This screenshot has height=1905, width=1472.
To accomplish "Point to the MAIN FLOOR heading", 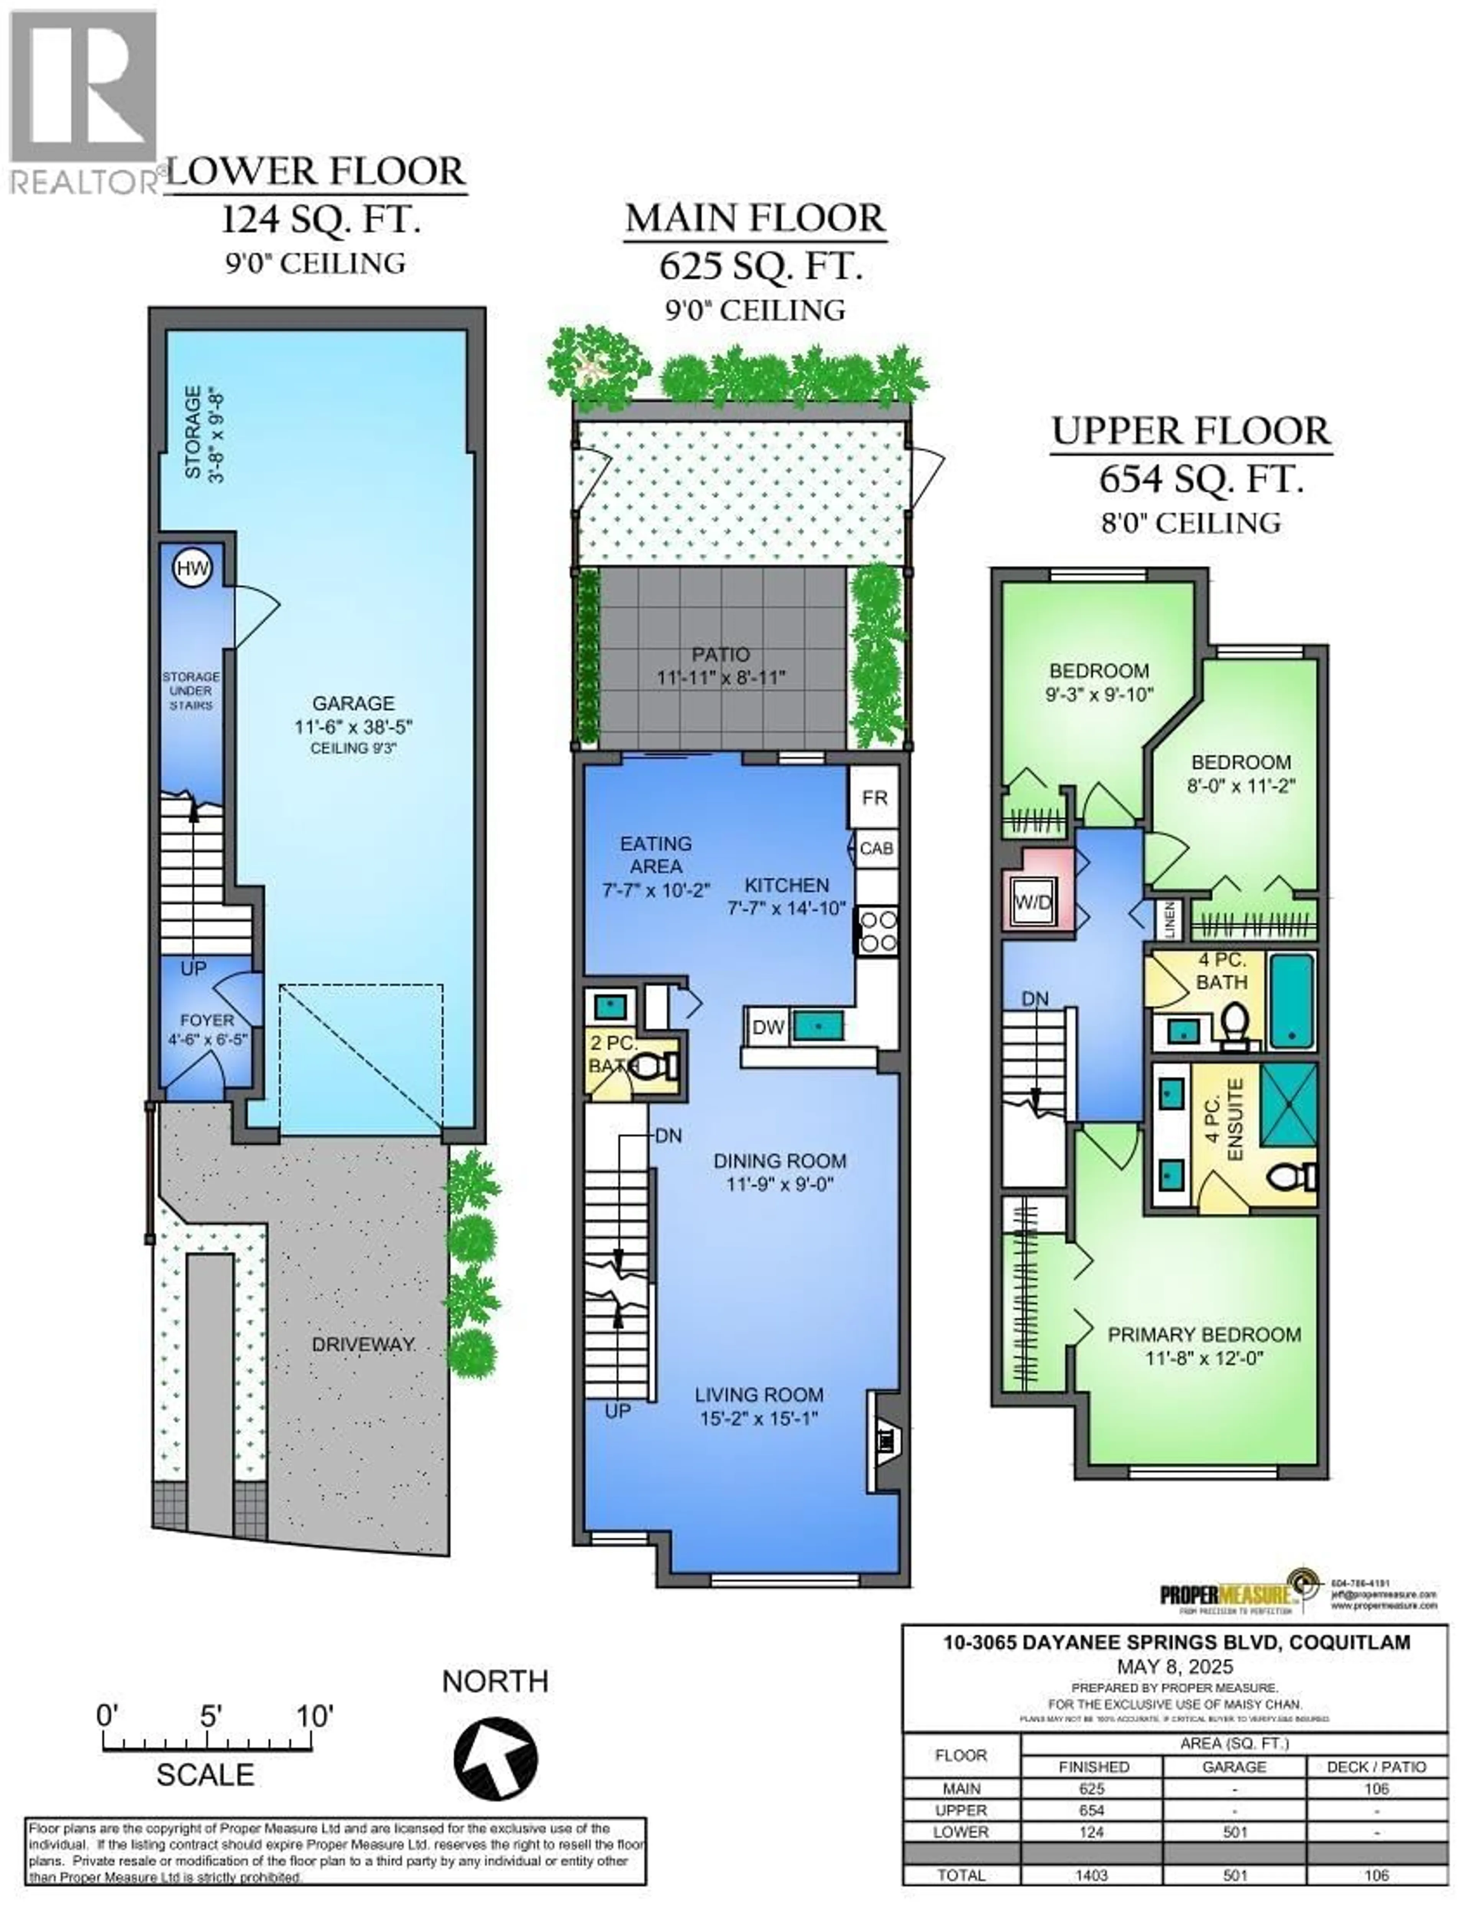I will [755, 218].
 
